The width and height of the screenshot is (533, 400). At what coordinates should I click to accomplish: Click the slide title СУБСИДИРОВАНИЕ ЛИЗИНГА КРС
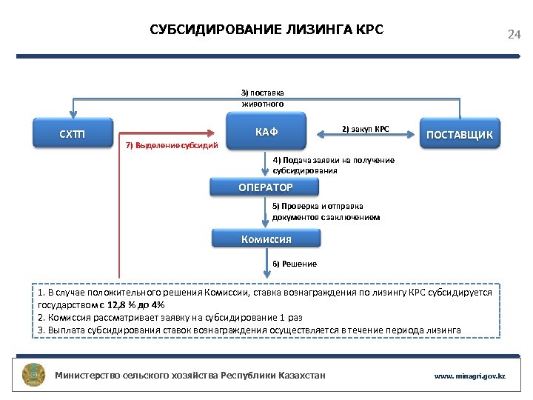click(266, 30)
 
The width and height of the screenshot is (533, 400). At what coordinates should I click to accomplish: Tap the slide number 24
click(514, 35)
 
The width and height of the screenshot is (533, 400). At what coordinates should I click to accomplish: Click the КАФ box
click(266, 132)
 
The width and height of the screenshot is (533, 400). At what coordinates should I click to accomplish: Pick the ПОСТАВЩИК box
click(460, 134)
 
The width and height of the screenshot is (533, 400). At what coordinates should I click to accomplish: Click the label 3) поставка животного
click(262, 98)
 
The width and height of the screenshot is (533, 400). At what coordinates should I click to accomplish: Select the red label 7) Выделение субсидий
click(172, 145)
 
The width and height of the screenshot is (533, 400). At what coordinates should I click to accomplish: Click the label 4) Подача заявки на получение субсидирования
click(333, 164)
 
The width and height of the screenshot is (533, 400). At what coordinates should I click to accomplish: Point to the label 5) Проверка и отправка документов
click(326, 211)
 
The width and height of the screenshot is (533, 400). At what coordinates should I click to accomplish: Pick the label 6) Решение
click(295, 264)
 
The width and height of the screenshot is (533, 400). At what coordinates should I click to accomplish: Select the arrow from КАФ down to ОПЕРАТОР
click(266, 164)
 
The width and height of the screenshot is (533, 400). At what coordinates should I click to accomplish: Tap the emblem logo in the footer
click(34, 375)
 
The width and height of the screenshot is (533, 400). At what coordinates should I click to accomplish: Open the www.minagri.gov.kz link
click(469, 376)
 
